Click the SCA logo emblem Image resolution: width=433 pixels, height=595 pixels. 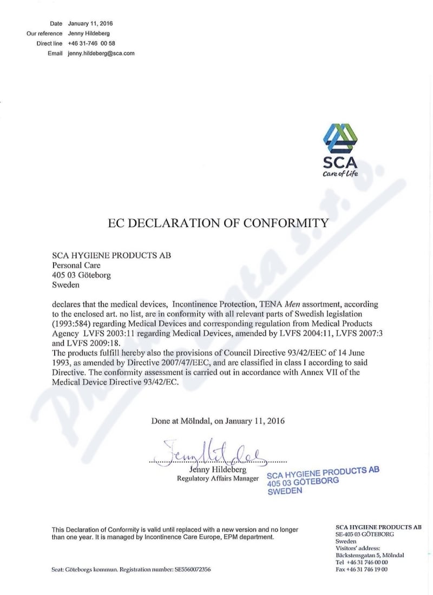tap(340, 138)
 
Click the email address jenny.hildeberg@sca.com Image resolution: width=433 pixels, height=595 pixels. tap(101, 53)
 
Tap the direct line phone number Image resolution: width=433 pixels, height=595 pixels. tap(90, 43)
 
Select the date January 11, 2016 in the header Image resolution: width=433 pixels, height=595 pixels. tap(90, 24)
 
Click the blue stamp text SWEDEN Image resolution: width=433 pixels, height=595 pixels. tap(285, 491)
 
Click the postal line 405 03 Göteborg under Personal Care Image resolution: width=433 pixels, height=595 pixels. tap(81, 275)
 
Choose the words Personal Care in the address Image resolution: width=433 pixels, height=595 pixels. tap(76, 265)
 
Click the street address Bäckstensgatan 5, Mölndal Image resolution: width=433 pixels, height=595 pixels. tap(370, 555)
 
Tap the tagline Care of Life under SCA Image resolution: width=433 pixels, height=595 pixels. tap(340, 174)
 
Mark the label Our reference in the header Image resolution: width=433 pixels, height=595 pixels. tap(44, 34)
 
